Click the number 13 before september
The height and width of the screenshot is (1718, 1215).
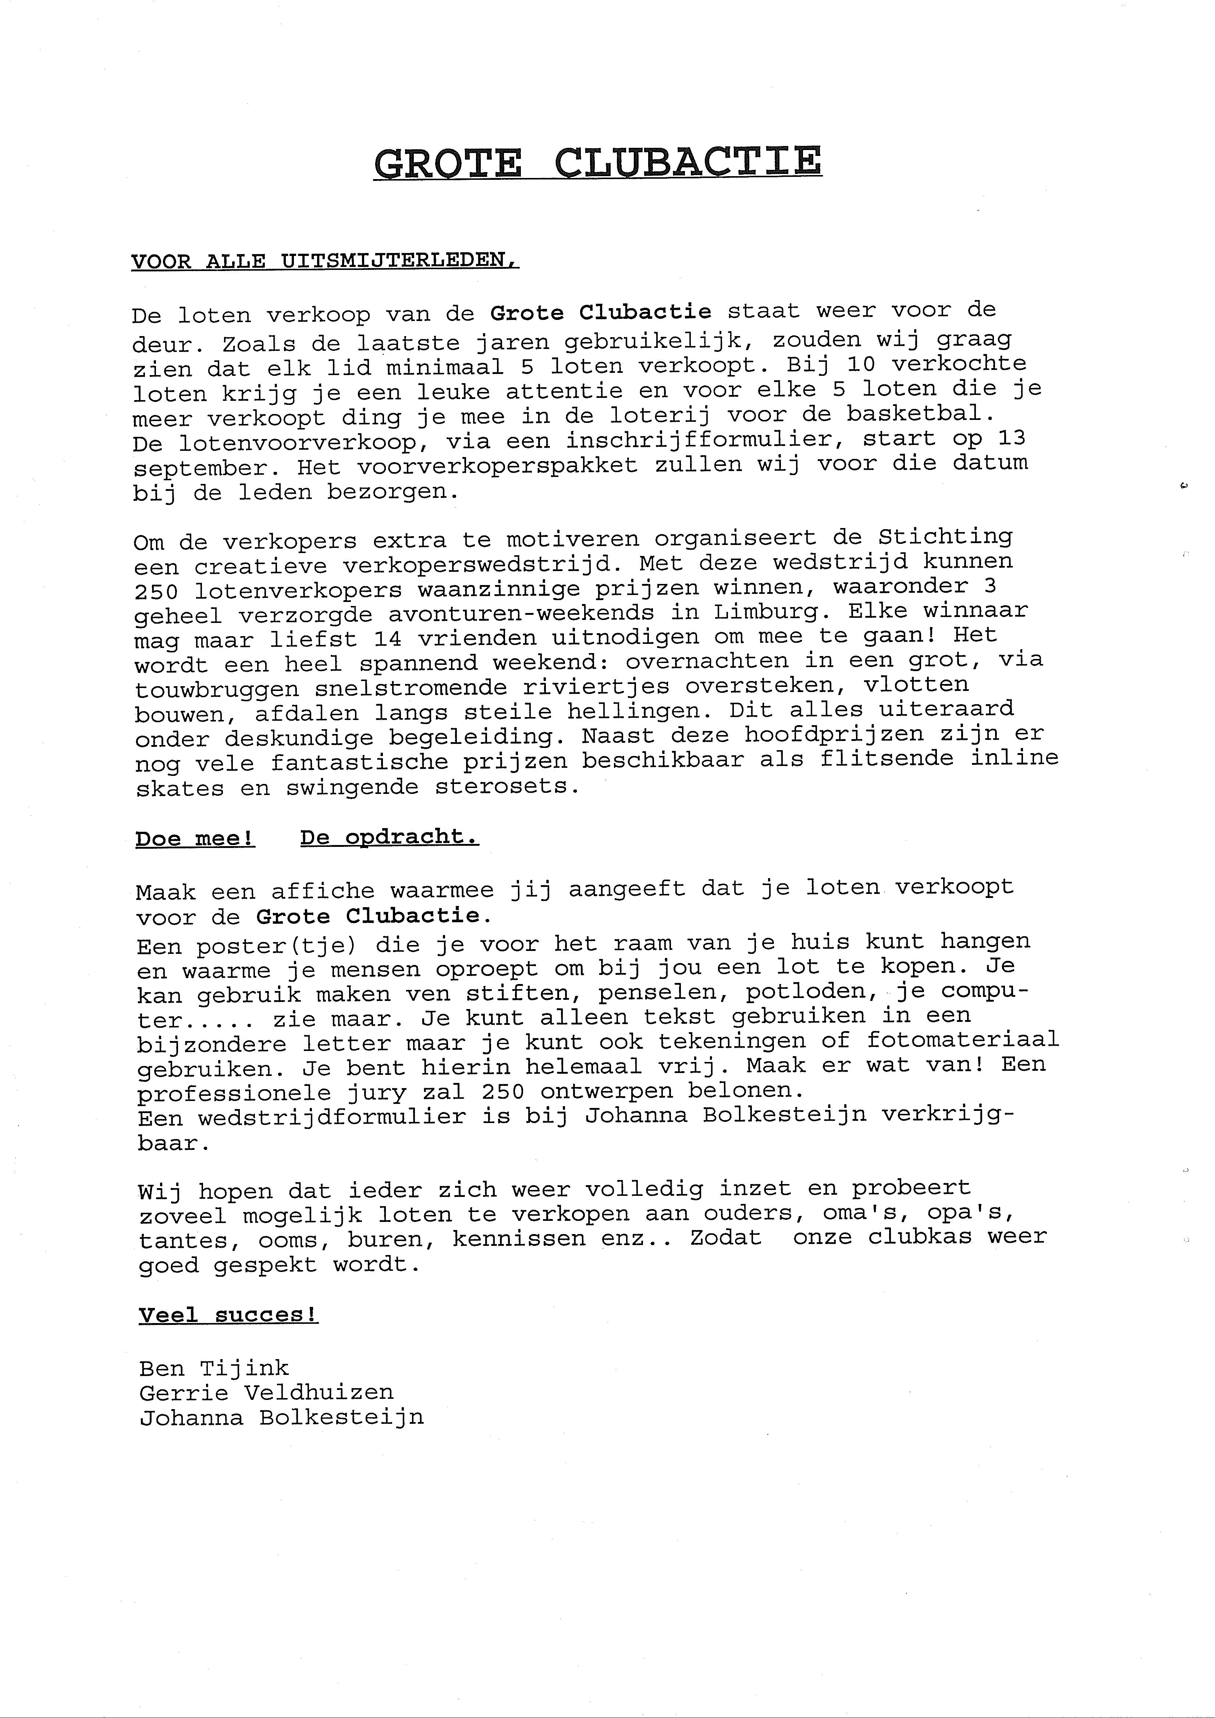(1011, 437)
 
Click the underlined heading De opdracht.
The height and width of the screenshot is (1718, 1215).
(389, 837)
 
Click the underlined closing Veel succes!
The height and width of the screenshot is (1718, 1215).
(228, 1315)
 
